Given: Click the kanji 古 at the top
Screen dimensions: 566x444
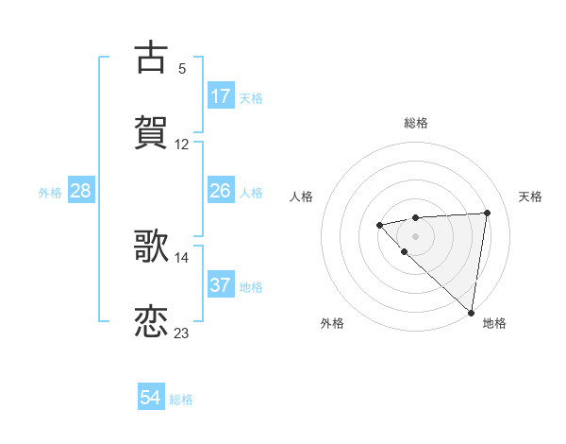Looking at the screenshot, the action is [151, 57].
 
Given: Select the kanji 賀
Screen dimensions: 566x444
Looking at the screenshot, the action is [151, 131].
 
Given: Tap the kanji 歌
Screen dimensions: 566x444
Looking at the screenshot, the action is [151, 247].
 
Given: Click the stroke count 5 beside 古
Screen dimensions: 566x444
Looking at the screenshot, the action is [182, 68].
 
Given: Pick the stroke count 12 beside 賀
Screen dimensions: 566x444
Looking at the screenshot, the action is [182, 145].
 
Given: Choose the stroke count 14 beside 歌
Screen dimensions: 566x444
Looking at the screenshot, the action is [182, 257].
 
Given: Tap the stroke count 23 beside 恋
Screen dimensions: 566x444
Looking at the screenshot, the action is [182, 333].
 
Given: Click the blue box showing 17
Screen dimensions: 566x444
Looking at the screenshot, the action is [221, 96].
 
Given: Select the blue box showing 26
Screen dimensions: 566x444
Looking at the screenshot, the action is [221, 192].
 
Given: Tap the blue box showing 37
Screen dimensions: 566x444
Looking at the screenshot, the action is [221, 285].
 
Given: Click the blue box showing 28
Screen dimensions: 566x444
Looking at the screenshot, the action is [81, 192].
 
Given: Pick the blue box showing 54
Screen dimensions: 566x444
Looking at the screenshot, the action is [151, 399].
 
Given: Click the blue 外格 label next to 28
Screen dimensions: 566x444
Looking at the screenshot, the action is [50, 193].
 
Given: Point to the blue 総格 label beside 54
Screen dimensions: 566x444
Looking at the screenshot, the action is [181, 400].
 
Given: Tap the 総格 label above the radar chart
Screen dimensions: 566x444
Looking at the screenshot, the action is [415, 123].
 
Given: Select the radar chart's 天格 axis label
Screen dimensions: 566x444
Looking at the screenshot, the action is [530, 196].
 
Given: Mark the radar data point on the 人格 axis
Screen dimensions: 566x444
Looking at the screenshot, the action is [379, 225].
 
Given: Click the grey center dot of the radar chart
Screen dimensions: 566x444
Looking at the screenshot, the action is [415, 235].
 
